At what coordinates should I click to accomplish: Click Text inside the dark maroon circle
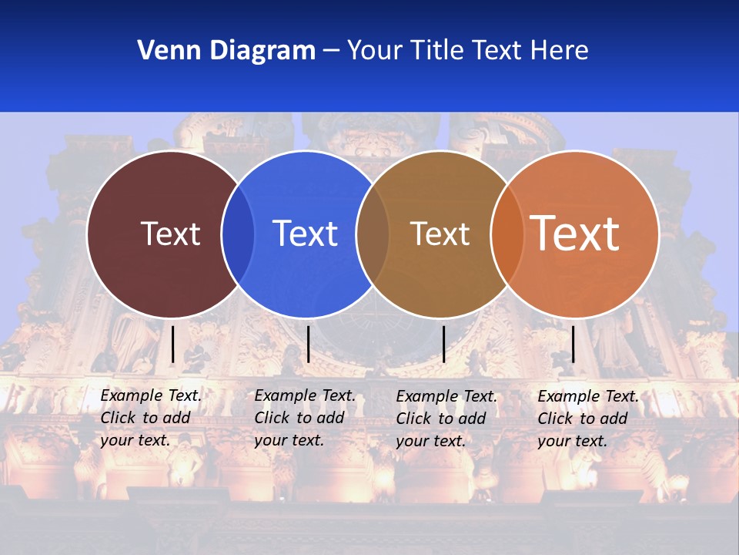(x=170, y=234)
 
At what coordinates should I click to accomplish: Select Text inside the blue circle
(x=305, y=234)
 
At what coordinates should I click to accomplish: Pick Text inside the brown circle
(x=440, y=234)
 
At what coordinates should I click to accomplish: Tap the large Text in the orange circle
(x=575, y=233)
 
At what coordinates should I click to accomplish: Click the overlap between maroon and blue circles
(x=238, y=234)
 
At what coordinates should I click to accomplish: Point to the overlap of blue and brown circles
(x=373, y=234)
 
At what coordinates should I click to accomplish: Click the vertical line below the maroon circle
(x=172, y=344)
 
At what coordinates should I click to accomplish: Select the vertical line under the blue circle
(x=308, y=344)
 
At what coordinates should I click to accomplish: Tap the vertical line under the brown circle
(x=443, y=344)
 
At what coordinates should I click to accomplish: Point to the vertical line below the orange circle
(x=573, y=344)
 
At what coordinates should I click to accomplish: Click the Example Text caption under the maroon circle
(x=151, y=418)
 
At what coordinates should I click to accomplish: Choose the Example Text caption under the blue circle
(x=305, y=418)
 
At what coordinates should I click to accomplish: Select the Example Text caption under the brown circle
(x=446, y=419)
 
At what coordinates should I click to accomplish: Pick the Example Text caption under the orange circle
(x=588, y=419)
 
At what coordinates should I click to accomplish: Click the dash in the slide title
(x=331, y=52)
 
